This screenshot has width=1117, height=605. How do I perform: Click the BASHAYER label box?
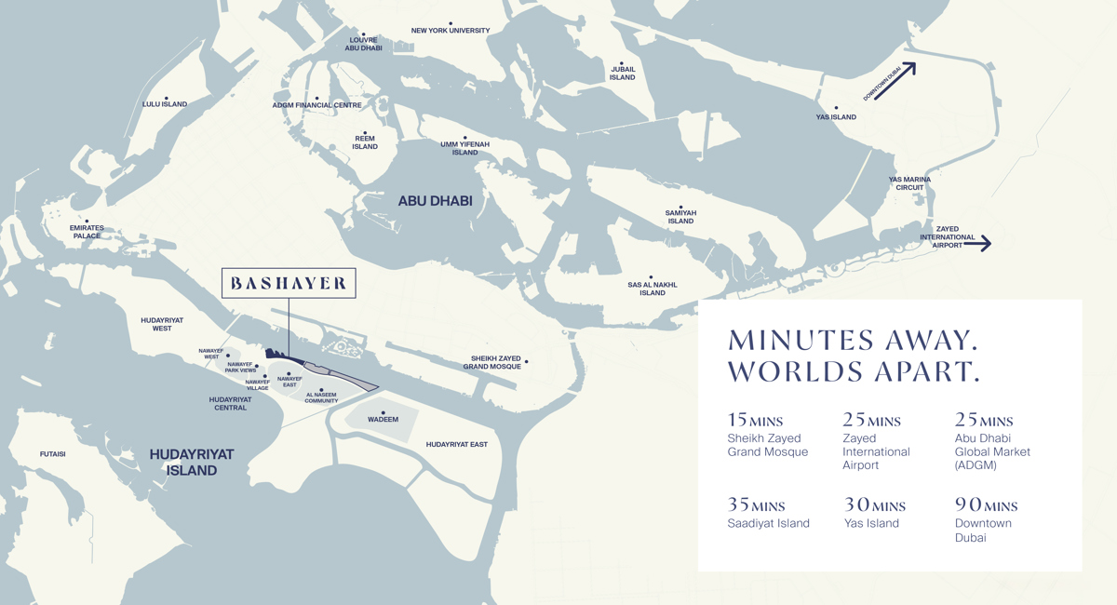[289, 284]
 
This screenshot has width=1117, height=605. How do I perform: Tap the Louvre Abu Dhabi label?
[363, 44]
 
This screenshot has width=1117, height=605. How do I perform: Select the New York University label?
[451, 31]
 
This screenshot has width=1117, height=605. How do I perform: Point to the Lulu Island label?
[165, 104]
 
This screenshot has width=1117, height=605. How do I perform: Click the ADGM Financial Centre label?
[316, 105]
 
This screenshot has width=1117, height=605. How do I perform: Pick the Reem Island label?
[365, 142]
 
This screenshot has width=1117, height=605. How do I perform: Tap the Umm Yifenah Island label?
[464, 148]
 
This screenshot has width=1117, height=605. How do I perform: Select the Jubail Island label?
[622, 73]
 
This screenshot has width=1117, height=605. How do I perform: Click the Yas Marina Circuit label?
[909, 183]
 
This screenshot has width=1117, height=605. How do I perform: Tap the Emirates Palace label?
[87, 232]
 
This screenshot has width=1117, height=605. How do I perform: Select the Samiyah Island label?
[680, 217]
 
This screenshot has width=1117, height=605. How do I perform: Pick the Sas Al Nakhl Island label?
[652, 289]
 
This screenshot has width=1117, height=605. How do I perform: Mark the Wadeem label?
[383, 420]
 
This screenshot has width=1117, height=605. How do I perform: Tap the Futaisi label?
[52, 454]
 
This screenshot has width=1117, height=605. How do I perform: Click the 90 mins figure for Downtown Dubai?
[986, 505]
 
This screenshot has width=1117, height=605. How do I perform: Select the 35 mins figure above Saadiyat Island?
[756, 505]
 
